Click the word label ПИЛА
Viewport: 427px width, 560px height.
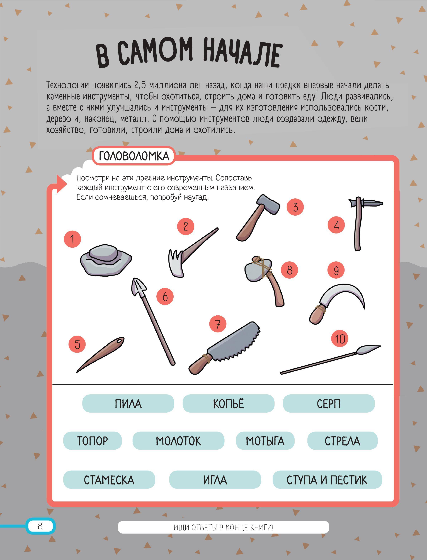click(x=128, y=403)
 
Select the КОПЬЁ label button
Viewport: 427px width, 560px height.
click(x=228, y=403)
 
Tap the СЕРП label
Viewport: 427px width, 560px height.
click(x=329, y=403)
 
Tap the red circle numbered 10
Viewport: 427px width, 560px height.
click(x=340, y=339)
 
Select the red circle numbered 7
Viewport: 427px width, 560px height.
click(x=218, y=324)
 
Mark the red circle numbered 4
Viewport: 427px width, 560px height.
click(x=336, y=225)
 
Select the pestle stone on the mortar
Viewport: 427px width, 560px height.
click(x=103, y=253)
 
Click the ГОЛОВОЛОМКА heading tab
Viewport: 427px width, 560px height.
click(x=134, y=156)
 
